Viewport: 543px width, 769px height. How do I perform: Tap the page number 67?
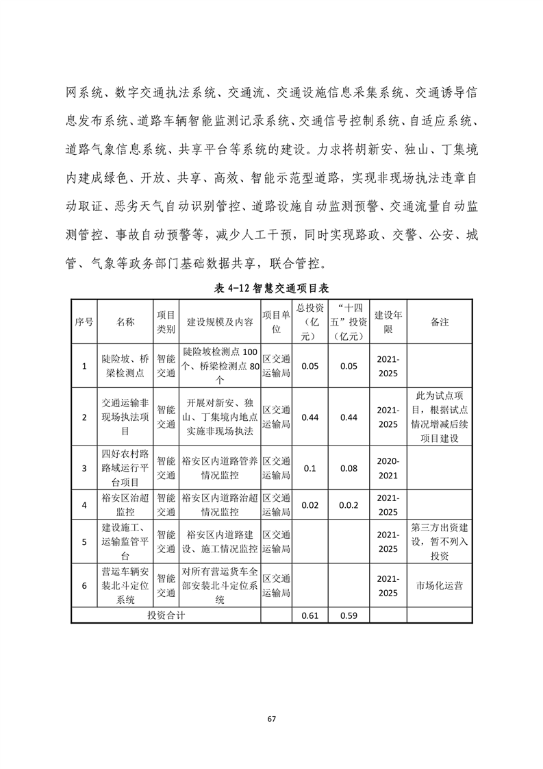(x=271, y=719)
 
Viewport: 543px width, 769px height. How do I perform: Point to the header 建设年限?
(x=388, y=321)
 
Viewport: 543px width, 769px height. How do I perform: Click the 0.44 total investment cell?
(x=310, y=417)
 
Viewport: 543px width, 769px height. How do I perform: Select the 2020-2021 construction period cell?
(x=388, y=468)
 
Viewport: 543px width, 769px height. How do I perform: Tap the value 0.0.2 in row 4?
(x=349, y=505)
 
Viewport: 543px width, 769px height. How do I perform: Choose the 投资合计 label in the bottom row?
(x=166, y=615)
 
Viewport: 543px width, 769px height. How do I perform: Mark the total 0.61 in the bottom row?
(x=310, y=615)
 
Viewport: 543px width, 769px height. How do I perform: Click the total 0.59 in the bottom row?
(x=349, y=615)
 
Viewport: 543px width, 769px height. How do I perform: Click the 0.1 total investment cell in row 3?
(x=310, y=468)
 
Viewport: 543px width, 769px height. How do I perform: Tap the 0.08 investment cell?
(x=349, y=468)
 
